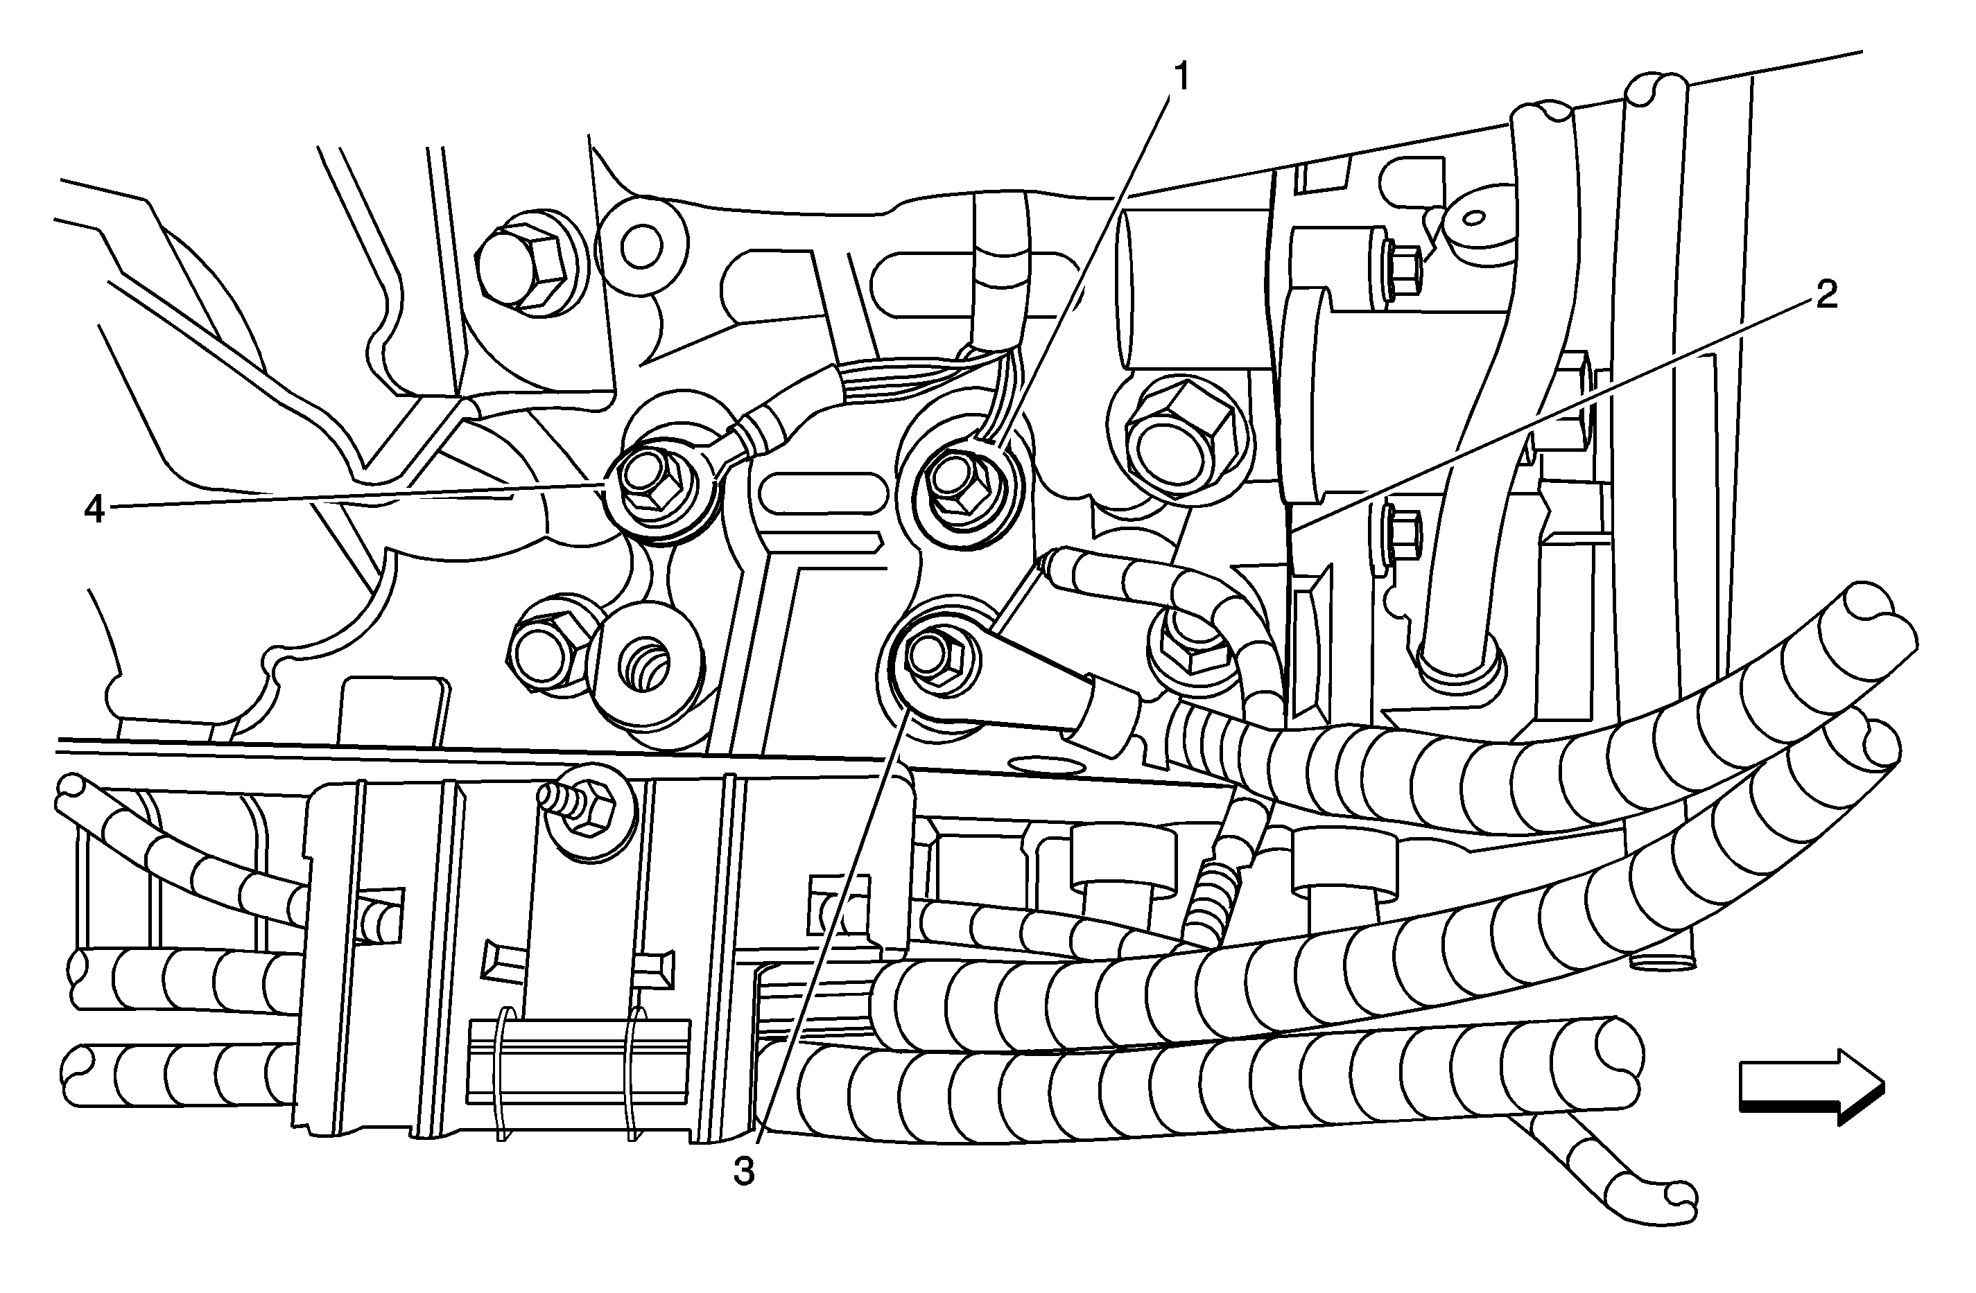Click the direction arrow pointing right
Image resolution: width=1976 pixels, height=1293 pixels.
pos(1811,1087)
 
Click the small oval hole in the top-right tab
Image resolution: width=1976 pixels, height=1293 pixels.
pos(1474,218)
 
